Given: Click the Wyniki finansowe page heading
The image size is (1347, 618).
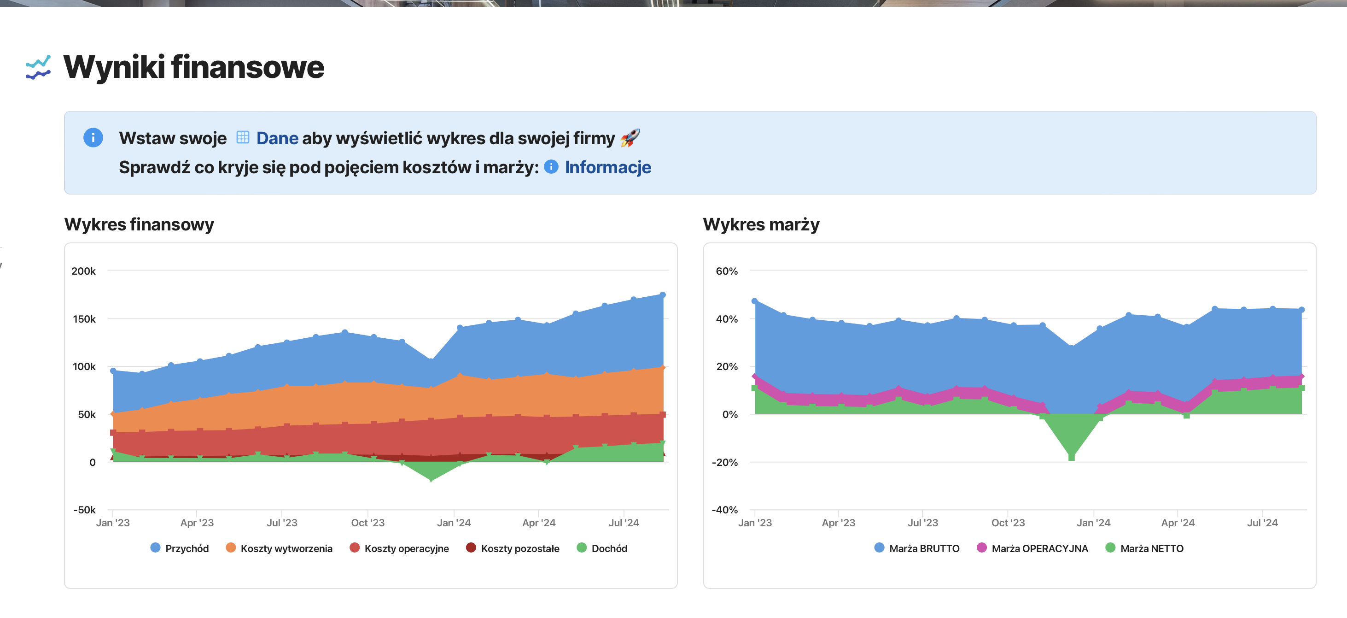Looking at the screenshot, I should tap(193, 67).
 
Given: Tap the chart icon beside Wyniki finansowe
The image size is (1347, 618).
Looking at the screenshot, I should tap(38, 67).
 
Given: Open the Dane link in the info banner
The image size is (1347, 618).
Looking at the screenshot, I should tap(277, 138).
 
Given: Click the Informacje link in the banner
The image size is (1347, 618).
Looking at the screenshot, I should tap(607, 167).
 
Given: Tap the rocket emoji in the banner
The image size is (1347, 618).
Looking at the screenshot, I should tap(630, 138).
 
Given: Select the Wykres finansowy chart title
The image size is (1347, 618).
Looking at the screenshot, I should tap(139, 224).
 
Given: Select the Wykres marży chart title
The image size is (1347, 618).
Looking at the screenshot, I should tap(761, 224).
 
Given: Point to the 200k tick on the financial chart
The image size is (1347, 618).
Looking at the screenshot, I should tap(84, 271).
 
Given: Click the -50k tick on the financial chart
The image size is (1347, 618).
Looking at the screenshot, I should tap(84, 510).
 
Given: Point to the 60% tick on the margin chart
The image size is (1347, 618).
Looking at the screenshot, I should tap(726, 271).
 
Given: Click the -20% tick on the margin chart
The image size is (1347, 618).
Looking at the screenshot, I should tap(724, 462).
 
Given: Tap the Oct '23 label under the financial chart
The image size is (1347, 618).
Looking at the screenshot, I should tap(367, 523).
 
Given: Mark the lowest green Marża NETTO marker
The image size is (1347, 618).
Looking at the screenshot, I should tap(1072, 457).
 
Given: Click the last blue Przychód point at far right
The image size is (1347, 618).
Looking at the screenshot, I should tap(663, 295).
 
